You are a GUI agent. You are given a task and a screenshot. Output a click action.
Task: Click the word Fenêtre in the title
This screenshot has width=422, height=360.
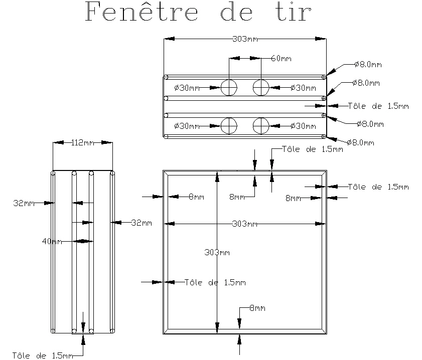click(x=142, y=12)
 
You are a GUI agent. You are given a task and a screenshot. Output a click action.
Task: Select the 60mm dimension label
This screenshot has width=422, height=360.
click(x=281, y=58)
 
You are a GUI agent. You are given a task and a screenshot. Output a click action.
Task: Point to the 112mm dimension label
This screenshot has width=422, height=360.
click(x=83, y=142)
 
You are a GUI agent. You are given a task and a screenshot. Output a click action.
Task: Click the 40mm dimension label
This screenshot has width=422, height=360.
click(x=52, y=242)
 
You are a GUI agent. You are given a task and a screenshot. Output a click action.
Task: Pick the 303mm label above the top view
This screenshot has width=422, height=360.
click(x=245, y=39)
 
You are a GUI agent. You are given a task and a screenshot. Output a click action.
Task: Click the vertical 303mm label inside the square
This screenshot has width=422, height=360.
click(x=217, y=252)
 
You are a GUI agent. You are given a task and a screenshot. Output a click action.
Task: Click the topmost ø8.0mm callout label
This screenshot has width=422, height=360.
click(x=368, y=64)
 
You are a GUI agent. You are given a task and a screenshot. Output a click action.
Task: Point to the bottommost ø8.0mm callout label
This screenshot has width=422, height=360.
click(x=361, y=142)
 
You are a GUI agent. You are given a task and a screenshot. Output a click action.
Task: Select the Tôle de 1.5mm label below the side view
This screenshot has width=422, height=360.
click(x=43, y=355)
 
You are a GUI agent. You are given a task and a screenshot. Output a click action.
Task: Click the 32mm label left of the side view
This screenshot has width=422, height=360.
click(x=24, y=203)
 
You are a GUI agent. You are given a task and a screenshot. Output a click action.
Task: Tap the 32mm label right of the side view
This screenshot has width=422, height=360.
click(x=142, y=223)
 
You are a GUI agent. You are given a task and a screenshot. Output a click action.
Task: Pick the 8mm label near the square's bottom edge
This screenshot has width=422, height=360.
click(x=257, y=308)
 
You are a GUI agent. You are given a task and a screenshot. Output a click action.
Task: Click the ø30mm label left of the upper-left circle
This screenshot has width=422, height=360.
click(x=187, y=88)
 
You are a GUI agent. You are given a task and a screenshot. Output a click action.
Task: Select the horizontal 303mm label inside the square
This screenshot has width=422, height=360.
click(x=245, y=224)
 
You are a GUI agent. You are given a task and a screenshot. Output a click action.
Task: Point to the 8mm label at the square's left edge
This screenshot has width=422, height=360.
click(x=197, y=197)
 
